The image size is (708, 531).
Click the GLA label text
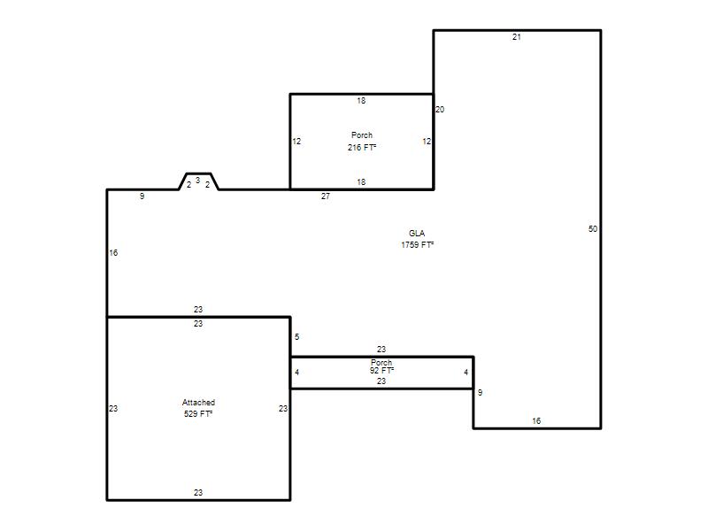[x=417, y=234]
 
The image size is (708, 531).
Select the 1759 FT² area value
[x=417, y=245]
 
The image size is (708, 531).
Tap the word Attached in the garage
[x=198, y=403]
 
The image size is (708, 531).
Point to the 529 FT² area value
[x=198, y=413]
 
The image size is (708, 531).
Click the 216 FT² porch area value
[x=362, y=147]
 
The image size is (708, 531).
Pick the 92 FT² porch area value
[x=381, y=371]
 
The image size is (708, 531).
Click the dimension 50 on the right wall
[x=593, y=229]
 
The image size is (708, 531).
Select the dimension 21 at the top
[x=517, y=37]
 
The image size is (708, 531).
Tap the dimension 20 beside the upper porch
[x=440, y=109]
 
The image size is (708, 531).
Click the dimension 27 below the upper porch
[x=326, y=196]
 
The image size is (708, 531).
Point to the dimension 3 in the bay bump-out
[x=197, y=181]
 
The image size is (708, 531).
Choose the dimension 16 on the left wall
[x=113, y=253]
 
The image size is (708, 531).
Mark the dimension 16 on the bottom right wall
[x=536, y=421]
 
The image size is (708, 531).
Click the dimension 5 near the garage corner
[x=296, y=337]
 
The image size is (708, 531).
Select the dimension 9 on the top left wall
[x=142, y=196]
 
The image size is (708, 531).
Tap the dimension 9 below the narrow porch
[x=480, y=393]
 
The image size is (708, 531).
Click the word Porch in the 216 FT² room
[x=362, y=135]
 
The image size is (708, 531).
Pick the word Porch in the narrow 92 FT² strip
[x=381, y=362]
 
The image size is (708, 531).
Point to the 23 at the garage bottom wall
[x=198, y=493]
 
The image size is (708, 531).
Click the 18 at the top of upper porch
[x=361, y=101]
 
